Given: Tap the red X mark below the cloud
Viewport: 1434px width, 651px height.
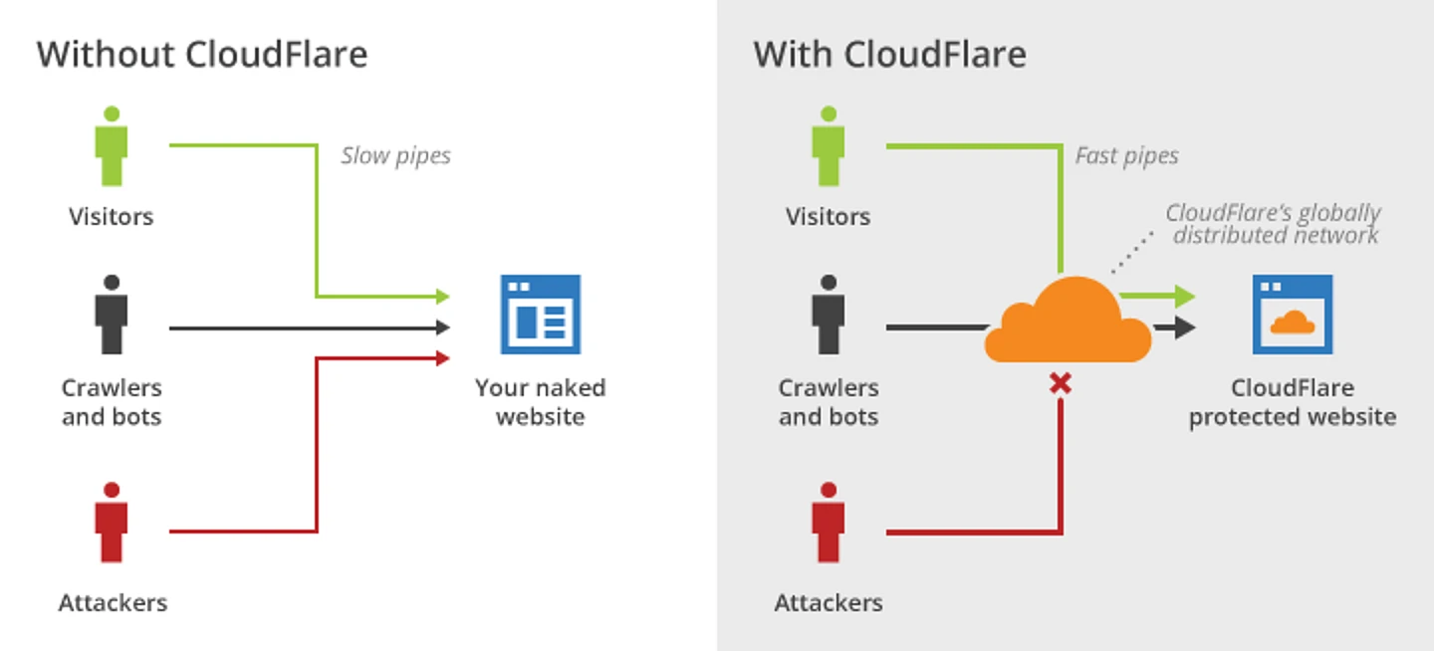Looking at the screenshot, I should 1061,383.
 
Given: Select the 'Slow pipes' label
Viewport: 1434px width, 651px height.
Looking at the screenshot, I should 395,155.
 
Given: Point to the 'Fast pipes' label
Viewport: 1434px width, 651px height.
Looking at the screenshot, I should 1126,155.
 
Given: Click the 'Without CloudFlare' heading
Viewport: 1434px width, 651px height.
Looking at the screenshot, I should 202,54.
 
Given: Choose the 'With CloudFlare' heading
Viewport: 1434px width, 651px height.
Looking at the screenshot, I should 889,54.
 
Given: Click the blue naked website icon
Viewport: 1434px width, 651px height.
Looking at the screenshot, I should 540,315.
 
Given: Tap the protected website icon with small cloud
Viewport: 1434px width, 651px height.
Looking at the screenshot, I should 1293,315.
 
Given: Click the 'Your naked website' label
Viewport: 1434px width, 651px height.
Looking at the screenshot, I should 540,401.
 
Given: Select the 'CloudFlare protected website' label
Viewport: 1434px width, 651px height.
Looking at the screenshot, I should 1293,401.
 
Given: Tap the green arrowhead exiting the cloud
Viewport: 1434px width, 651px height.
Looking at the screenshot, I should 1183,296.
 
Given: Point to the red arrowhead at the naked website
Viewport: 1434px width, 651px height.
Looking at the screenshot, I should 443,357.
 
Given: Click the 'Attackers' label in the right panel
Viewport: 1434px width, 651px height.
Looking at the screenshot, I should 829,602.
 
